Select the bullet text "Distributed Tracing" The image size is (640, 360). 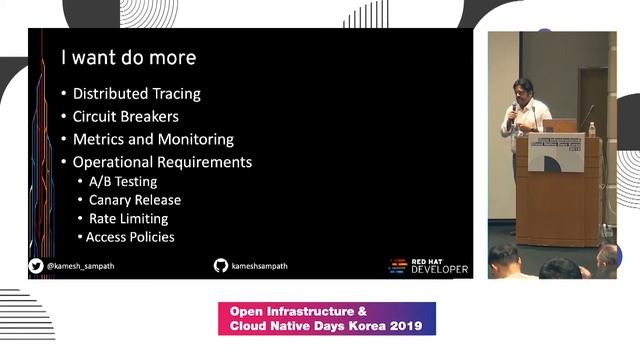click(136, 94)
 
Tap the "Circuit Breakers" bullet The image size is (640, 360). click(126, 117)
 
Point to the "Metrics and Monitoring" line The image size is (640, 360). click(153, 140)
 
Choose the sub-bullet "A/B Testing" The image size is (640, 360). click(123, 182)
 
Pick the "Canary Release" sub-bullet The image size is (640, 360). click(134, 200)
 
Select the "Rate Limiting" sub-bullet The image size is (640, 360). click(128, 218)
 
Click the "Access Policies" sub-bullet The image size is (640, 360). click(130, 237)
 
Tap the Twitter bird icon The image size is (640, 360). click(36, 266)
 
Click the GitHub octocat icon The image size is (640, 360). click(221, 265)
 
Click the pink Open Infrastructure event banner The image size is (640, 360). click(326, 318)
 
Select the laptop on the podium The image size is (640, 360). click(560, 126)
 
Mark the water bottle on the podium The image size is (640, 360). click(592, 129)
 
